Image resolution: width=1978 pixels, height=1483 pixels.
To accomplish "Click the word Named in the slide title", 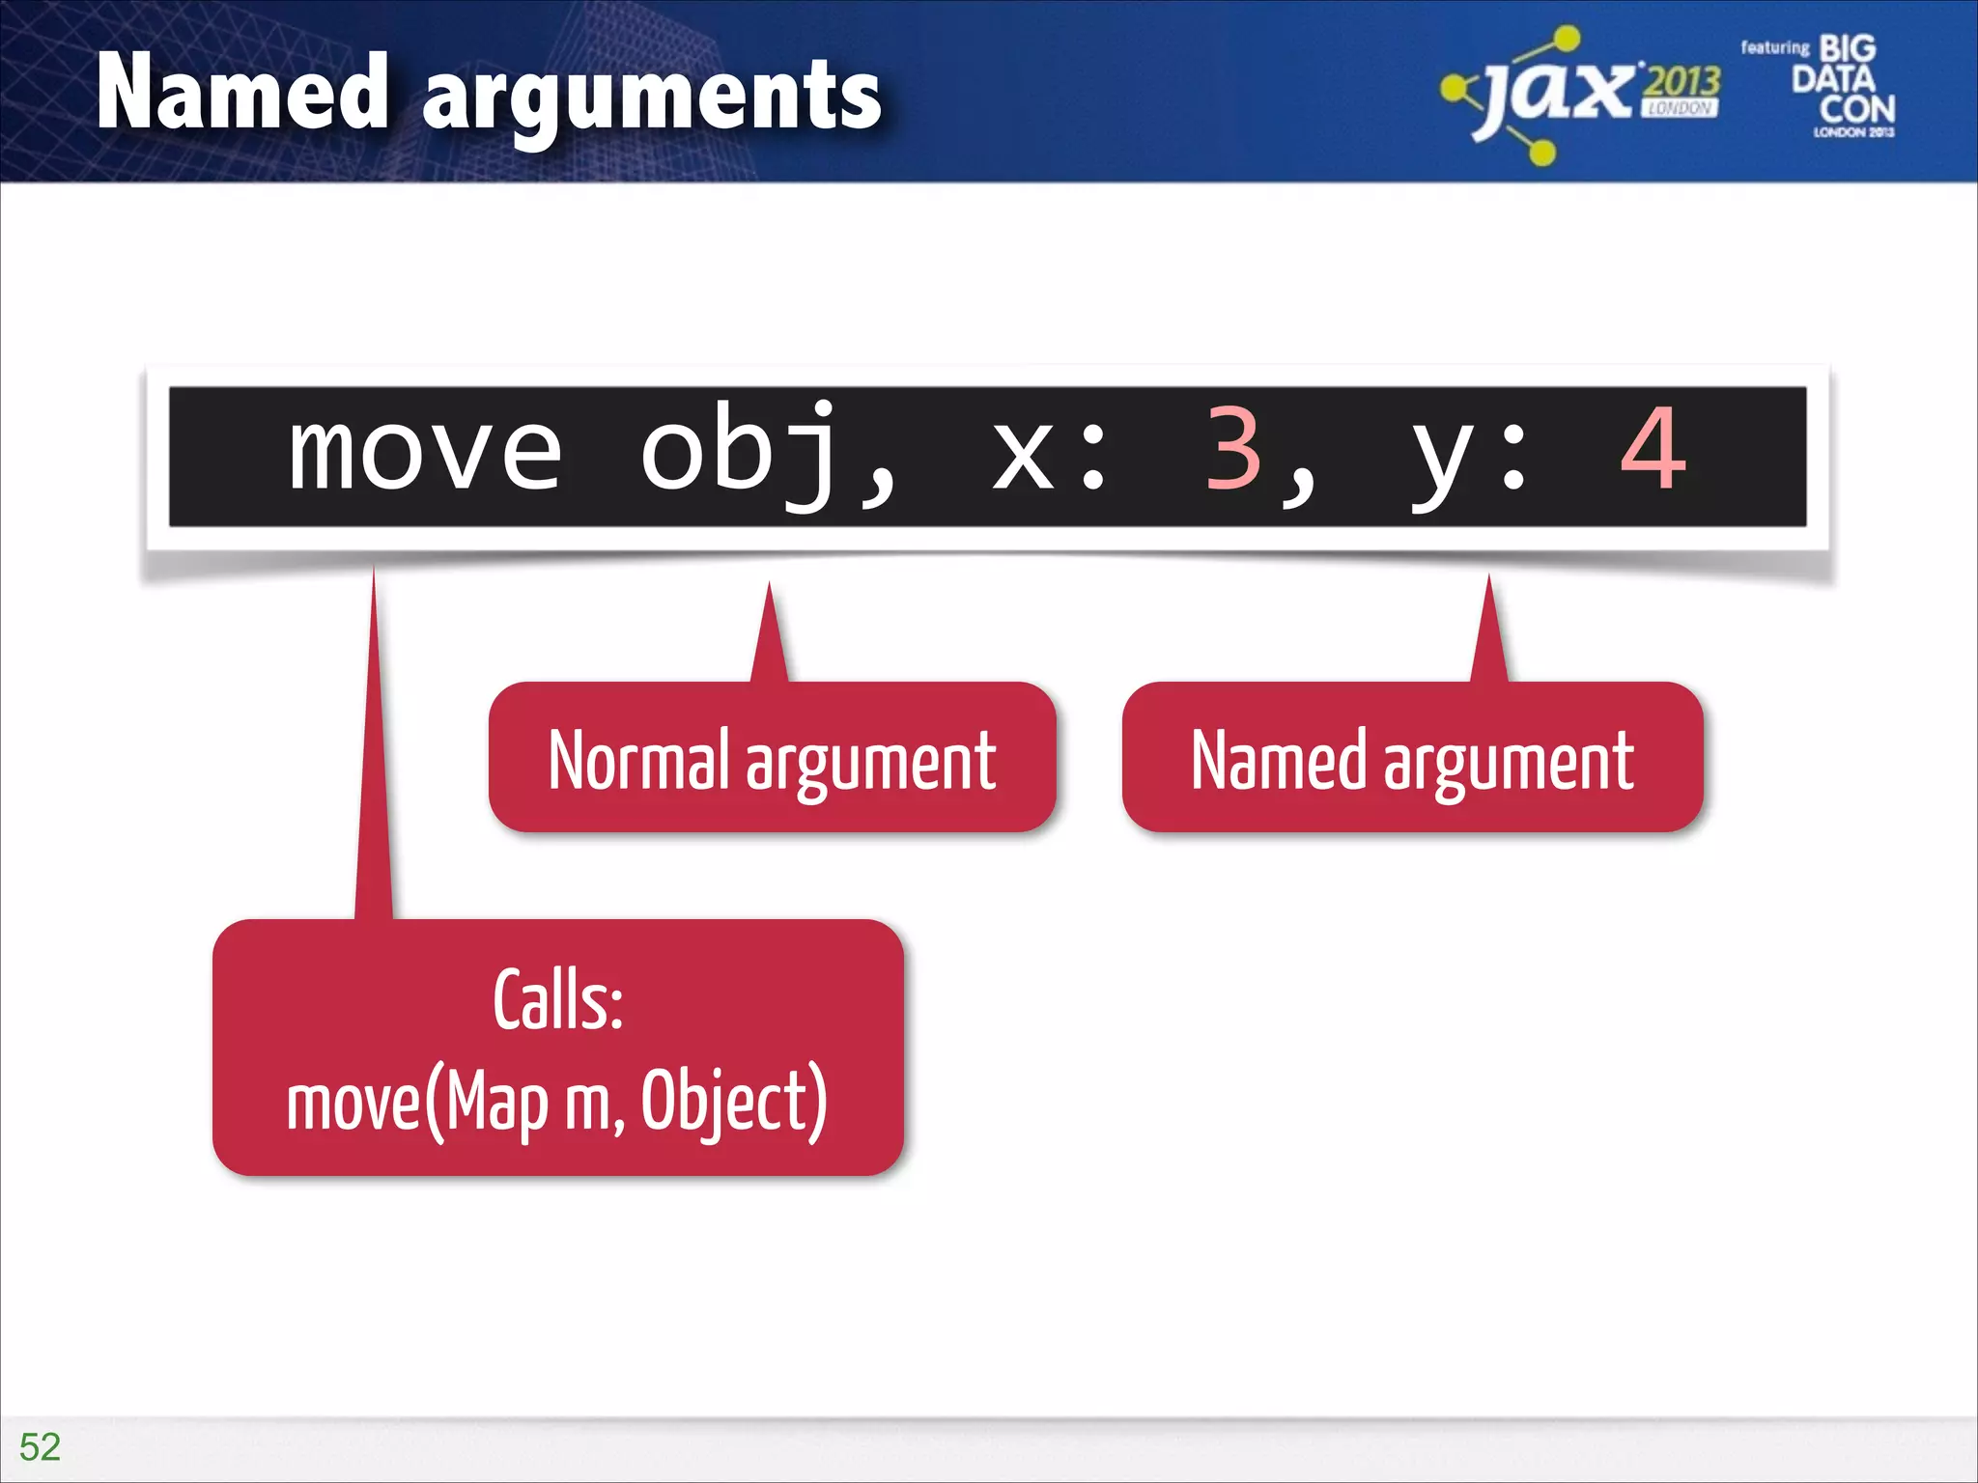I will click(242, 93).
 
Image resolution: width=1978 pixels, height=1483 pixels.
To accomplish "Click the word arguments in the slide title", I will click(652, 97).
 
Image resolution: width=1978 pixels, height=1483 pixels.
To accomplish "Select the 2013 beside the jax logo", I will click(1681, 81).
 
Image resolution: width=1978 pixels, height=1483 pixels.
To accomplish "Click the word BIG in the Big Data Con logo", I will click(1847, 48).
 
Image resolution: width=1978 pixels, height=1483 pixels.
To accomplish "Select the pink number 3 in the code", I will click(1232, 450).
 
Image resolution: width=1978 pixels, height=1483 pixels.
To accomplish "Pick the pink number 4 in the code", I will click(1653, 450).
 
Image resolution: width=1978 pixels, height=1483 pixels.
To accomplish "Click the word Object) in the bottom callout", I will click(734, 1102).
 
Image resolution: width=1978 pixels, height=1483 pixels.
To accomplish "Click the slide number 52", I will click(40, 1446).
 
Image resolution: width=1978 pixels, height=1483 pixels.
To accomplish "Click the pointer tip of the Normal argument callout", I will click(769, 587).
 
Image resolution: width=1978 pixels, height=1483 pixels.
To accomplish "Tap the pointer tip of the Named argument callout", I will click(1488, 579).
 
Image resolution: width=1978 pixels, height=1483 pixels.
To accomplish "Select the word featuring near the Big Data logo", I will click(1774, 47).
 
